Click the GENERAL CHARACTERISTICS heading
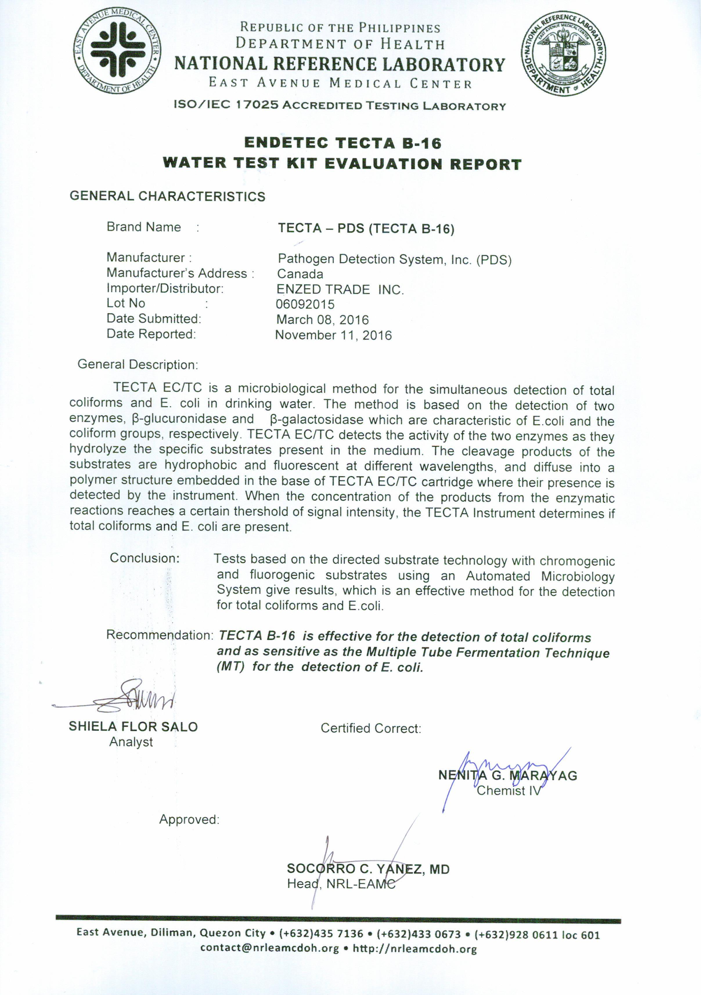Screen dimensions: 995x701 [x=167, y=196]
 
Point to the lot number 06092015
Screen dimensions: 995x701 [x=305, y=304]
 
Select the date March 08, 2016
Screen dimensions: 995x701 [x=322, y=320]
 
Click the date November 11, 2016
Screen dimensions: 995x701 [x=334, y=335]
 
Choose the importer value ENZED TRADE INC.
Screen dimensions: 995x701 [x=340, y=290]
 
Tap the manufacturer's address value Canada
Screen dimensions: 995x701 [x=300, y=274]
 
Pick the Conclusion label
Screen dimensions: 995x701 [x=144, y=558]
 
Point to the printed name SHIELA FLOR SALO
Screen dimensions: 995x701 [x=133, y=727]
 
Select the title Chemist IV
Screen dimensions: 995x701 [x=509, y=791]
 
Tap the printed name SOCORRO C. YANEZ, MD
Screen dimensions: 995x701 [x=368, y=869]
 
